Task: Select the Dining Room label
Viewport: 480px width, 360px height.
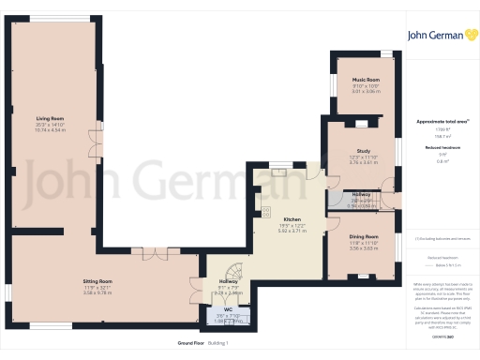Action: [364, 236]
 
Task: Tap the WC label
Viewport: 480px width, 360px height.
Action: [227, 309]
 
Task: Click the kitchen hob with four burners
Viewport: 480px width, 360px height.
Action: [265, 211]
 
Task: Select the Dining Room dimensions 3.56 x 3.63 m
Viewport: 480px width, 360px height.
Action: [364, 248]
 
